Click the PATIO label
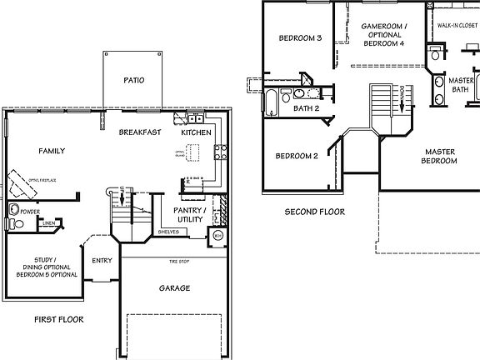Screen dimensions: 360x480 (134, 81)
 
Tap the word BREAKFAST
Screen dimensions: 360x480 (139, 132)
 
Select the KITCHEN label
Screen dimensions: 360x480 (197, 132)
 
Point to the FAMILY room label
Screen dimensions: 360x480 (51, 151)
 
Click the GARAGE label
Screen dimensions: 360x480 (174, 288)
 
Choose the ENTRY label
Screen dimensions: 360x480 (102, 261)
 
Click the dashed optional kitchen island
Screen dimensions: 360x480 (194, 153)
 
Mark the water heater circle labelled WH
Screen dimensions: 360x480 (217, 237)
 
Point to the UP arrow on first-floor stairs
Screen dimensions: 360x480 (122, 198)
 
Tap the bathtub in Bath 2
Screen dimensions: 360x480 (272, 104)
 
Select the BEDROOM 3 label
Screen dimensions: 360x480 (300, 37)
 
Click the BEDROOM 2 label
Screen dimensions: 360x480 (297, 156)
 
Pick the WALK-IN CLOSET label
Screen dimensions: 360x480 (454, 26)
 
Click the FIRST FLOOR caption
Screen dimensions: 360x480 (58, 319)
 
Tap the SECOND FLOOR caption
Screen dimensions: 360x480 (315, 212)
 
